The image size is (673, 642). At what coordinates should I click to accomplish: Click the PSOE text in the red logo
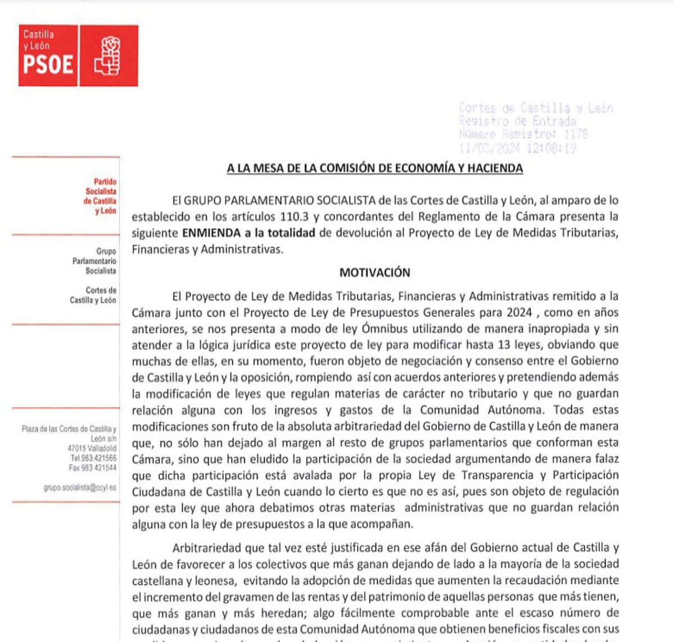(x=48, y=64)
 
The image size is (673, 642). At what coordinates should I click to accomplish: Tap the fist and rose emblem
(x=108, y=56)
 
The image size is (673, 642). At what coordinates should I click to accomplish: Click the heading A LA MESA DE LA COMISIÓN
(x=375, y=168)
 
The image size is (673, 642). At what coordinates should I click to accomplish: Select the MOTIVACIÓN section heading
(x=375, y=273)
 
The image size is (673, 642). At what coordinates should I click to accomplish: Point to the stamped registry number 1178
(x=575, y=135)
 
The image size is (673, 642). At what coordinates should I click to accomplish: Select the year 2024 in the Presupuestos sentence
(x=519, y=312)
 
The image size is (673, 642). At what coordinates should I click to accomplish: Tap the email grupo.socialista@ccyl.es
(x=80, y=488)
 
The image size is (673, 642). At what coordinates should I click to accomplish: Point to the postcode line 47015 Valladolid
(x=92, y=449)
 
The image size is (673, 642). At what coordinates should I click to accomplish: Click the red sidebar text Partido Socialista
(x=100, y=196)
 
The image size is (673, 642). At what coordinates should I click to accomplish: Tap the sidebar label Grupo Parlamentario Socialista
(x=94, y=261)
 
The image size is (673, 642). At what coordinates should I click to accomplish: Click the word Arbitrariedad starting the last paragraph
(x=206, y=548)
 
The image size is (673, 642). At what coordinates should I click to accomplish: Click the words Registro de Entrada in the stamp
(x=517, y=121)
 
